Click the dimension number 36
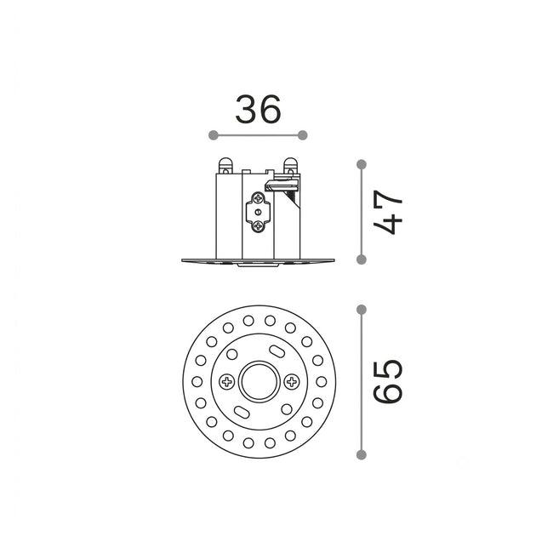coord(258,109)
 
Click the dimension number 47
coord(387,212)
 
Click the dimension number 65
coord(388,382)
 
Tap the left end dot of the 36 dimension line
coord(214,135)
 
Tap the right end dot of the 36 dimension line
coord(303,135)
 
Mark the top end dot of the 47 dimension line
coord(362,164)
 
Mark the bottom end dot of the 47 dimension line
coord(362,259)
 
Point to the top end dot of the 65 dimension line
coord(362,310)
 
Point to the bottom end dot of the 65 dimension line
coord(362,454)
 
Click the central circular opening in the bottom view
coord(259,381)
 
